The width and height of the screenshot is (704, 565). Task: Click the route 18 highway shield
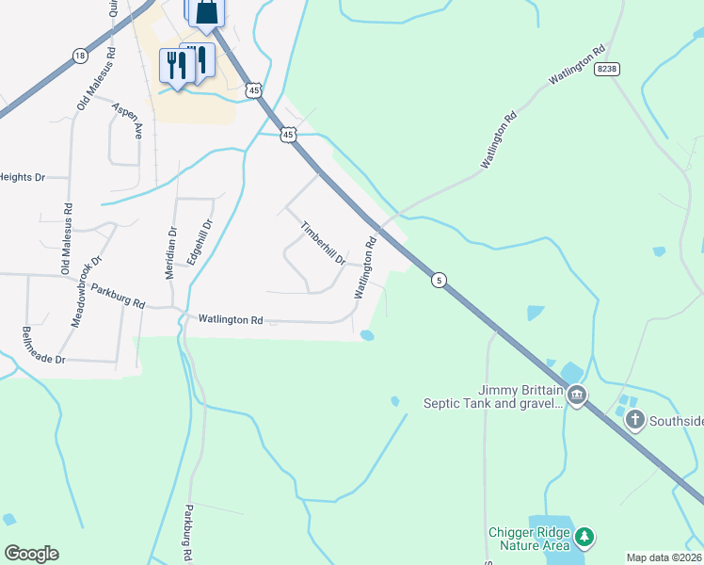79,56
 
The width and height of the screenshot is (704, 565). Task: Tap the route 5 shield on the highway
438,280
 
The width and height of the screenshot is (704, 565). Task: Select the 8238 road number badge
609,69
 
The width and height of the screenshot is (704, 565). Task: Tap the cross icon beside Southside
635,419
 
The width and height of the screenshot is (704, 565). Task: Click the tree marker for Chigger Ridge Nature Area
585,538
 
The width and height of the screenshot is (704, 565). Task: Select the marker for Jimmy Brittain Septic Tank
577,395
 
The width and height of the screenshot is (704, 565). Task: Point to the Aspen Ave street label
126,122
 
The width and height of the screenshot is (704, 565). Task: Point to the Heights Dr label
23,177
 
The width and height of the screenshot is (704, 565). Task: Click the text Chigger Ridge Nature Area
530,538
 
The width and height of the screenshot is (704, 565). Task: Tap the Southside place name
675,420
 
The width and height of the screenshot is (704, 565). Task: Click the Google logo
31,554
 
